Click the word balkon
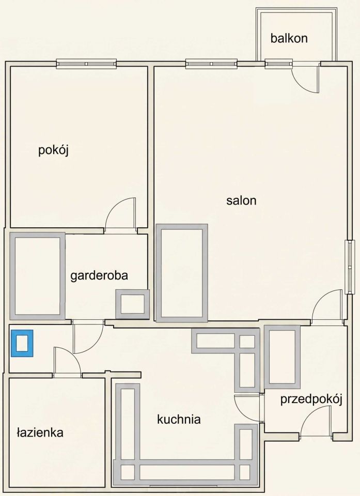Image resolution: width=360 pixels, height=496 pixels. (289, 38)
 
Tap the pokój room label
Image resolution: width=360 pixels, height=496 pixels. (54, 150)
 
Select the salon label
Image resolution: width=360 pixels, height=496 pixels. (241, 200)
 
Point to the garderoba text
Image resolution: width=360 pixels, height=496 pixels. (99, 275)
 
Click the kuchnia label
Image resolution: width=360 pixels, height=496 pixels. (179, 420)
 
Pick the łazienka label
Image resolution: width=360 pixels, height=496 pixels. (40, 432)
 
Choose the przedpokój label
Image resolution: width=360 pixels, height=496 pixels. (311, 400)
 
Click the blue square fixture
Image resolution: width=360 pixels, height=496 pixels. (22, 343)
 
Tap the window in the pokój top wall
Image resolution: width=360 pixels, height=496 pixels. (86, 64)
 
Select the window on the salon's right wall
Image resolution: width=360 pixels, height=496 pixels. (350, 267)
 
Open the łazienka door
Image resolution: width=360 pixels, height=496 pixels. (67, 361)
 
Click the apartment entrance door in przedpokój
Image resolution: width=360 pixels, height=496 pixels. (316, 421)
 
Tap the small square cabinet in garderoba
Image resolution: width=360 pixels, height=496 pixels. (132, 304)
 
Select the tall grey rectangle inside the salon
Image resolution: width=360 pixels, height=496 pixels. (182, 273)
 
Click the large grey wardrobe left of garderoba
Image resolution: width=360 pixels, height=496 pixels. (37, 276)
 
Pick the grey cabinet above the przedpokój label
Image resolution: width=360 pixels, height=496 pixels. (282, 357)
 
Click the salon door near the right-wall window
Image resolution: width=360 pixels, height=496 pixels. (327, 307)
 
